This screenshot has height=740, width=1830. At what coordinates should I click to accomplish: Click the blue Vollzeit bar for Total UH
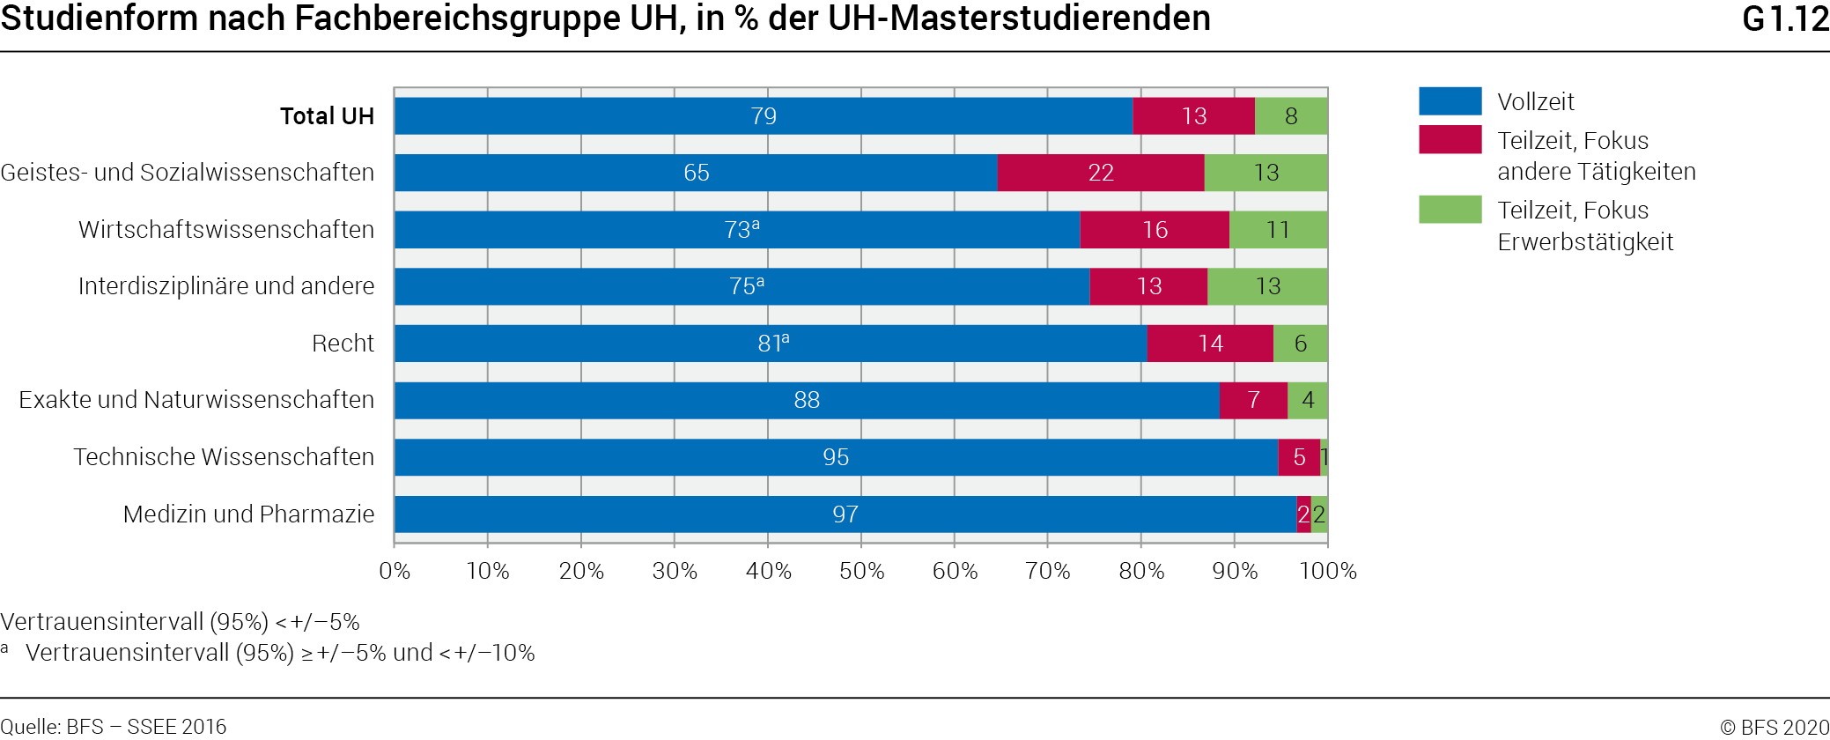click(x=763, y=116)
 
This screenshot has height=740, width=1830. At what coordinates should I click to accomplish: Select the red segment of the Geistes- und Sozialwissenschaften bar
click(x=1100, y=173)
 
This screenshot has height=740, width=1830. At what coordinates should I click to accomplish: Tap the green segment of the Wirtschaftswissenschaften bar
click(x=1278, y=230)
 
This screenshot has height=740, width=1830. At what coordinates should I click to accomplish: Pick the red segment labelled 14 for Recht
click(x=1210, y=344)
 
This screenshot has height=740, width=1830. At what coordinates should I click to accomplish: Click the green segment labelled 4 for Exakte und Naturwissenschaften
click(x=1308, y=400)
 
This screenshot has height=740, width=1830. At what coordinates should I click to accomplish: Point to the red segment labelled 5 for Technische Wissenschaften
click(x=1299, y=457)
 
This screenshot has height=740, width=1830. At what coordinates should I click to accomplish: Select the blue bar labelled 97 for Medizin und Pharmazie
click(x=845, y=514)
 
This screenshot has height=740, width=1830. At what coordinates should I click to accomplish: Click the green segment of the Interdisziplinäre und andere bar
click(x=1267, y=286)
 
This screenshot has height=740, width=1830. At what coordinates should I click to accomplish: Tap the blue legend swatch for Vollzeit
click(x=1450, y=101)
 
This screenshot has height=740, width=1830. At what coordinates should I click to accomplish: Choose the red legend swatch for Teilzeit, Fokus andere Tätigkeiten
click(x=1450, y=140)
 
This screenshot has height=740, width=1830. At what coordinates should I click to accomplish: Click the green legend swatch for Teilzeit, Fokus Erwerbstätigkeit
click(x=1450, y=210)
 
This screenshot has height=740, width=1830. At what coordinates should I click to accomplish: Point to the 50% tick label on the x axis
click(x=861, y=571)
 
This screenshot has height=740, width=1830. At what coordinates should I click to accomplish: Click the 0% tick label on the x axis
click(x=395, y=571)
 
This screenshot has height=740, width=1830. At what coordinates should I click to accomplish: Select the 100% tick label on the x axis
click(x=1328, y=571)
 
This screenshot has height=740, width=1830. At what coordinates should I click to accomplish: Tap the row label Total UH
click(x=327, y=116)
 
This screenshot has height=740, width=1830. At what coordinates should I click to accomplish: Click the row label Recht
click(x=343, y=344)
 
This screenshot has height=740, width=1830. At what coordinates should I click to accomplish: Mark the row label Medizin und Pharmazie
click(x=248, y=514)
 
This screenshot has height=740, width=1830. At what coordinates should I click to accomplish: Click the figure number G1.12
click(x=1785, y=19)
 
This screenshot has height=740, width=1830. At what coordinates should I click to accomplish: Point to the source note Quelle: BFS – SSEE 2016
click(x=114, y=727)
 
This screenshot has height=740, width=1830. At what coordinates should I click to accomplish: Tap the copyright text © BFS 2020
click(x=1775, y=727)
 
